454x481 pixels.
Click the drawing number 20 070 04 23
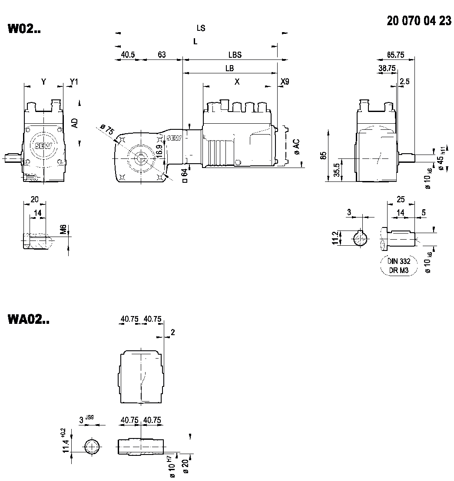[419, 21]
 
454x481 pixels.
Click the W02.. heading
[24, 29]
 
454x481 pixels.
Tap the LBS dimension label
[235, 55]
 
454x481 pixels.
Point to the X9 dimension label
[285, 82]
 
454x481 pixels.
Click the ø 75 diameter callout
[106, 130]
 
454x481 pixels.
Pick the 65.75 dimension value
[395, 55]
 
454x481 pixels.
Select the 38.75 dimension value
[387, 68]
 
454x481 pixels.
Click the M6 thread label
[63, 230]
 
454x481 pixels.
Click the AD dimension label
[75, 123]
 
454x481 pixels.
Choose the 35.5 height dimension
[336, 170]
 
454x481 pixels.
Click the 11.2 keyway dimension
[335, 238]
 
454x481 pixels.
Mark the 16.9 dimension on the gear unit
[159, 151]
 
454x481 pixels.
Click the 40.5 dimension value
[128, 55]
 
